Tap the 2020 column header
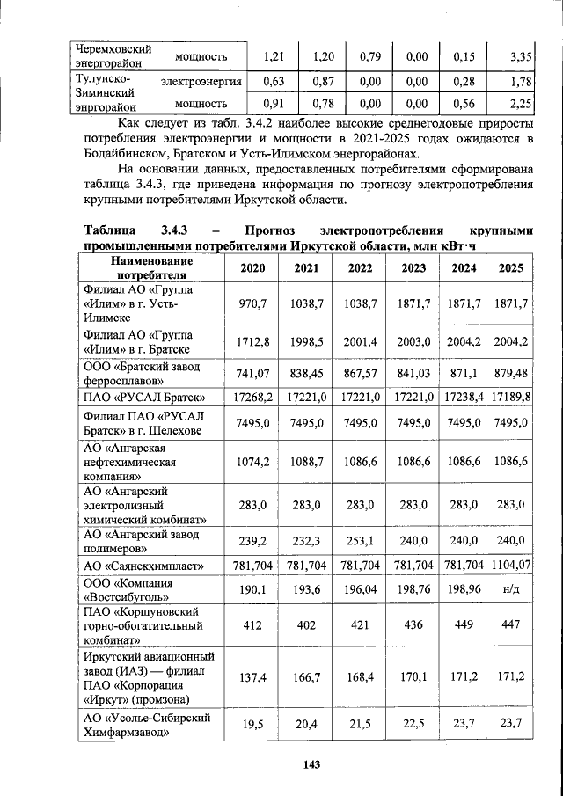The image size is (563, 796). [x=252, y=268]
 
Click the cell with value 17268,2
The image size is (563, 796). [x=252, y=397]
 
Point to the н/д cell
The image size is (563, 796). [x=511, y=589]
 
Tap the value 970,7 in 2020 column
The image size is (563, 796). [x=252, y=303]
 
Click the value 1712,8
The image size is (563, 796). [x=252, y=342]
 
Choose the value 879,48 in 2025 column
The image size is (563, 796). [x=511, y=373]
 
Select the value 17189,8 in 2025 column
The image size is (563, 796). [x=511, y=397]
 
